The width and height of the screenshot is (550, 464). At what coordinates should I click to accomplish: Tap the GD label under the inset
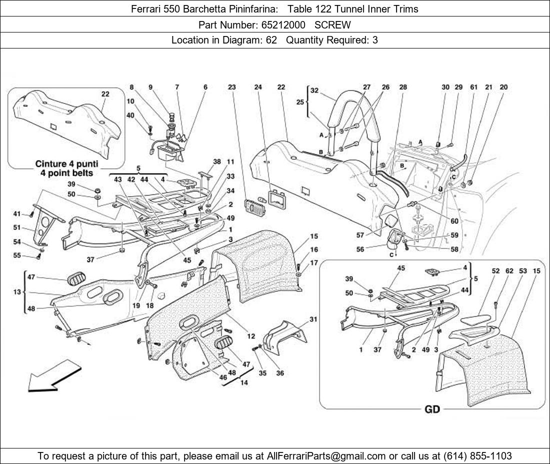[x=432, y=409]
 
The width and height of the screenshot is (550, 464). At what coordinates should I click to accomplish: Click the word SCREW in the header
[x=332, y=24]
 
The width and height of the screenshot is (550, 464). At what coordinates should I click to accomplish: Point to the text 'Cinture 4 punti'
[x=66, y=163]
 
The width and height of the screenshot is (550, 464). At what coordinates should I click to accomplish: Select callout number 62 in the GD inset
[x=509, y=271]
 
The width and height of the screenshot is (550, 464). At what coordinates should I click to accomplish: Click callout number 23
[x=231, y=87]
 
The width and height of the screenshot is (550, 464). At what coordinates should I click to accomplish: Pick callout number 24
[x=258, y=87]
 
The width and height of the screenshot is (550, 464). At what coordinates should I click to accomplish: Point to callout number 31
[x=313, y=319]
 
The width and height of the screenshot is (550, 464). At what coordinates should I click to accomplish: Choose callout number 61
[x=473, y=87]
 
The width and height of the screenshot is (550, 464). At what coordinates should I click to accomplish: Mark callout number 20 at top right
[x=503, y=87]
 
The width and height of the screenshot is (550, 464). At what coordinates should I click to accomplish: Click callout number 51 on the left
[x=17, y=227]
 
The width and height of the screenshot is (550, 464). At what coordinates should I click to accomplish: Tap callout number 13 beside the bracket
[x=17, y=292]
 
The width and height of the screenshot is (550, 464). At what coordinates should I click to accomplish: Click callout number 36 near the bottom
[x=279, y=373]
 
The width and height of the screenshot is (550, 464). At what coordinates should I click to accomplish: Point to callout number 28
[x=403, y=87]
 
